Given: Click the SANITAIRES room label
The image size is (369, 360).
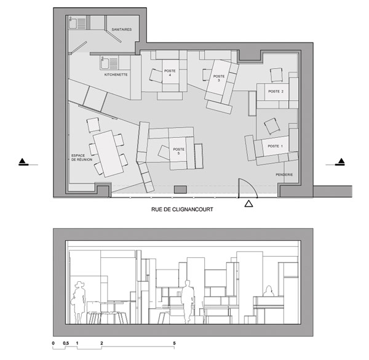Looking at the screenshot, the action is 121,30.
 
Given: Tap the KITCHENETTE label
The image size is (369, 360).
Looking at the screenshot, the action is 116,74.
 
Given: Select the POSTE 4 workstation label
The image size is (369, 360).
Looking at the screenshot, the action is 170,73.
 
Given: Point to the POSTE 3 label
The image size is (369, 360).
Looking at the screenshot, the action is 219,78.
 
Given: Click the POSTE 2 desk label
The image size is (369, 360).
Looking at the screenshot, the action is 276,91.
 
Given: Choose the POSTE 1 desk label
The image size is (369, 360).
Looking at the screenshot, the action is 275,146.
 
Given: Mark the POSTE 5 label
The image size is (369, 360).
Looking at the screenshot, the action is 178,151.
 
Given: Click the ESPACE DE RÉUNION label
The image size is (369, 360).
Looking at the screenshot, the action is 82,158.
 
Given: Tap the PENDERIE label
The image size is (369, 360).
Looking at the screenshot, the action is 284,175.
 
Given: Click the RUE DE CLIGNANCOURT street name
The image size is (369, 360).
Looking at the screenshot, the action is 182,209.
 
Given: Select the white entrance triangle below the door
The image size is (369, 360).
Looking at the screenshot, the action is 248,204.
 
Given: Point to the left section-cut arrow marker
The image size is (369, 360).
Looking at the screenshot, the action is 23,162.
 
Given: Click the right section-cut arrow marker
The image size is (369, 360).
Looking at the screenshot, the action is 341,162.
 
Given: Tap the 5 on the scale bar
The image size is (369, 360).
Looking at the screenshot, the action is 174,343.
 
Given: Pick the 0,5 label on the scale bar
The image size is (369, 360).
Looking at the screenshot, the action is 66,343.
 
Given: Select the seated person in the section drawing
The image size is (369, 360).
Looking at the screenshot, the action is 269,291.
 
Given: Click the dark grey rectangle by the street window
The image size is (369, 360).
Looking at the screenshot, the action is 180,190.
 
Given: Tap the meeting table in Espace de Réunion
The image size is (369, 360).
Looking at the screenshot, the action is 108,153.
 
